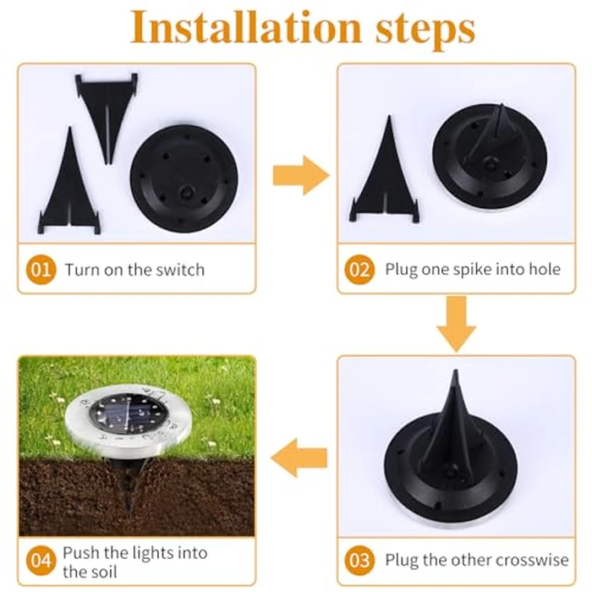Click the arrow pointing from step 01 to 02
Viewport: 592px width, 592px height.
click(300, 176)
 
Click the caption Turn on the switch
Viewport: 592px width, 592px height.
click(134, 270)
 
